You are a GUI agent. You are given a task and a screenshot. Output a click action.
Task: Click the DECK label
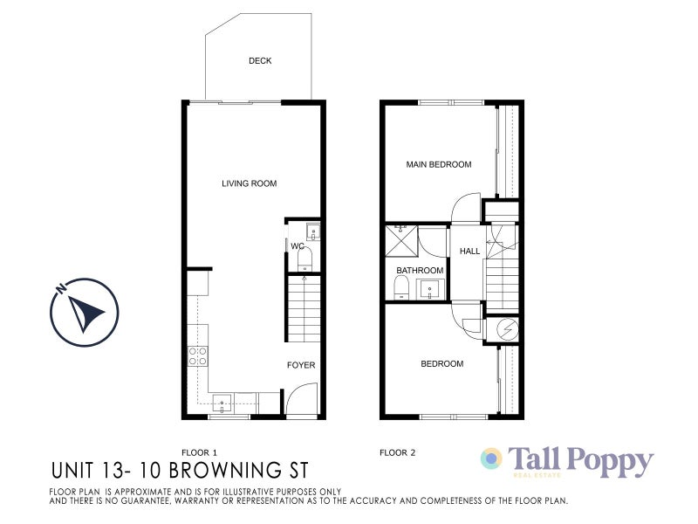click(260, 61)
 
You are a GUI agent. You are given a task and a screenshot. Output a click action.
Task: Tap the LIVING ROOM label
click(249, 183)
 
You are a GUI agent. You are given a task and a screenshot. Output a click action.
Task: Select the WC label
click(297, 246)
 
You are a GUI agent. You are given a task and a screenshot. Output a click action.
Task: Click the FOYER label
click(301, 365)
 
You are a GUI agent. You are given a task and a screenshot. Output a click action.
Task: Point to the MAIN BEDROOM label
click(439, 164)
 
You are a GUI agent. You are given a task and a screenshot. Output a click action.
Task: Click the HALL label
click(470, 252)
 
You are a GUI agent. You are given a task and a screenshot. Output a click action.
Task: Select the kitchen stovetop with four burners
click(198, 355)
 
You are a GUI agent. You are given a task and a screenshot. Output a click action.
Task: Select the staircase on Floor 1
click(304, 307)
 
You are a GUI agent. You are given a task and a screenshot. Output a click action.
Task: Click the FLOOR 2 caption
click(398, 452)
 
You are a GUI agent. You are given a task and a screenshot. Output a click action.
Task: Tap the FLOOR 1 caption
click(199, 452)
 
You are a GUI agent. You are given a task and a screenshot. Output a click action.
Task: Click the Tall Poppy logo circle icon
click(492, 458)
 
